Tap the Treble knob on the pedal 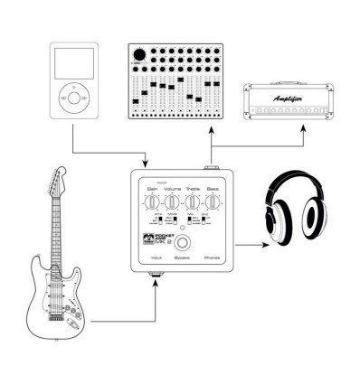click(x=192, y=201)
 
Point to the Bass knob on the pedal click(x=212, y=201)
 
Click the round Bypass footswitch click(x=184, y=243)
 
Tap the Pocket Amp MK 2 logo click(x=153, y=238)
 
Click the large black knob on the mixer click(x=142, y=54)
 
